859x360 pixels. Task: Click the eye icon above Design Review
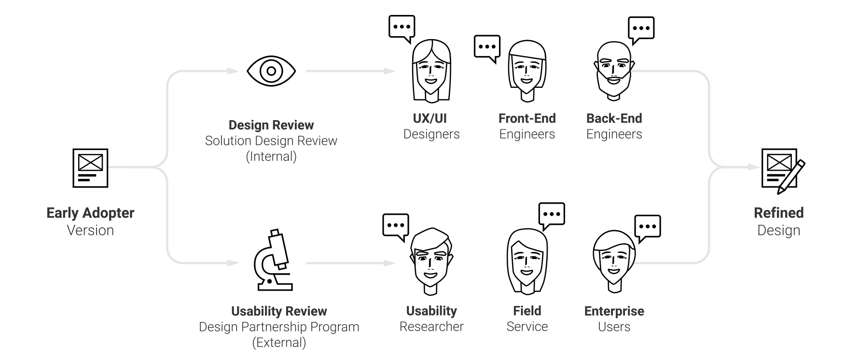271,71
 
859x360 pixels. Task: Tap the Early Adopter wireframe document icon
90,168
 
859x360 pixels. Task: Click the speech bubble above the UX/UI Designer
402,28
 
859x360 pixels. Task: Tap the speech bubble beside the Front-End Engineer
487,48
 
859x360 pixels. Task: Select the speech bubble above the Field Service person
552,215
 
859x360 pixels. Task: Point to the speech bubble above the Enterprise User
648,227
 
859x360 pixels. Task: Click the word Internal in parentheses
271,157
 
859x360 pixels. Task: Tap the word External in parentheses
279,343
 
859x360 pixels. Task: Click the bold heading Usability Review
279,311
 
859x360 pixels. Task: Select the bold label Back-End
614,119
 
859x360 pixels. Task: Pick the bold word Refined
778,213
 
